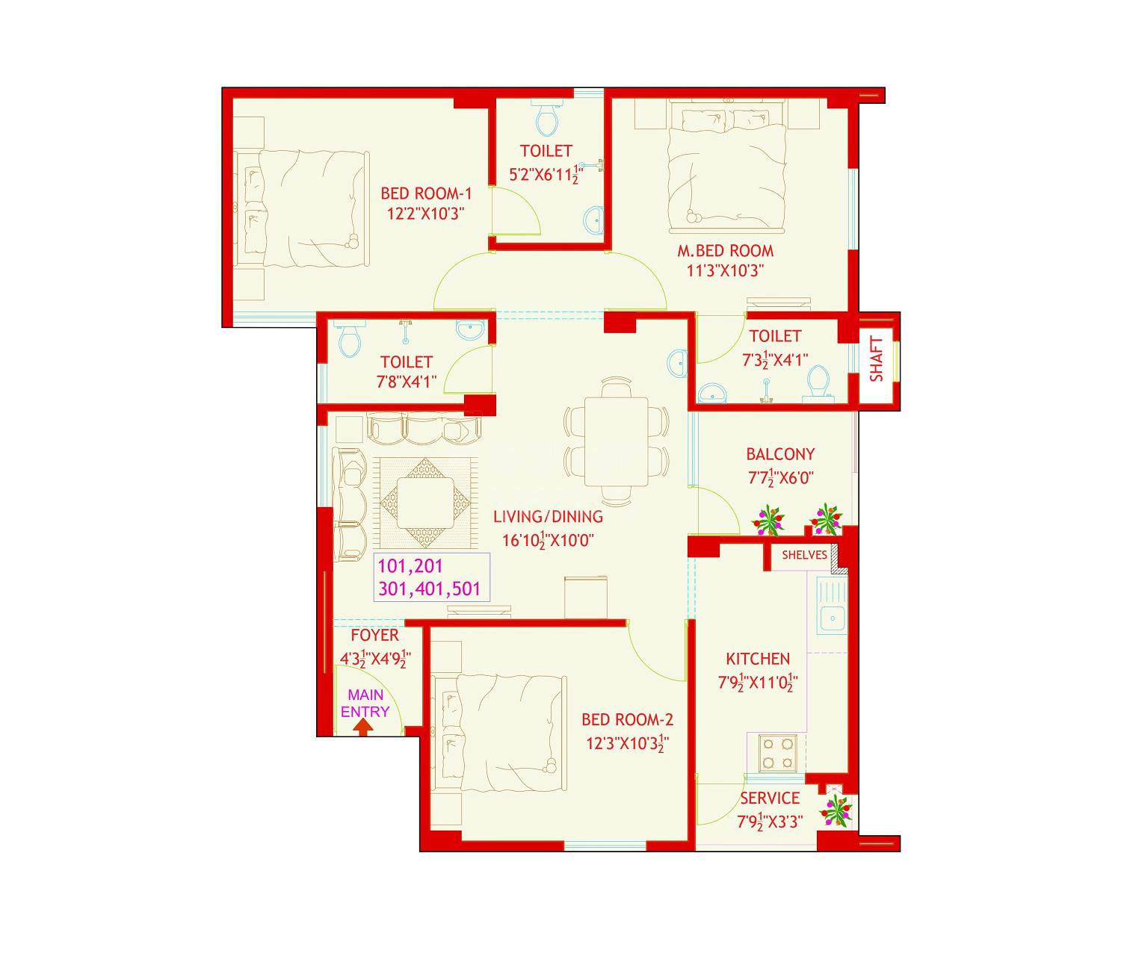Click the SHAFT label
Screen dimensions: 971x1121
877,359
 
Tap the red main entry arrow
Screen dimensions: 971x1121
362,727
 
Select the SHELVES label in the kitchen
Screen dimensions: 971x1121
804,555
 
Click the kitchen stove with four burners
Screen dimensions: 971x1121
777,753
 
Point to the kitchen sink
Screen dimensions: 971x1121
832,618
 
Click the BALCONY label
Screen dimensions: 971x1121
780,454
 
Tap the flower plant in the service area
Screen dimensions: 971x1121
835,810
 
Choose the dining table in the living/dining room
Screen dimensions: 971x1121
617,441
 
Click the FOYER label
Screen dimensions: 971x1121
374,635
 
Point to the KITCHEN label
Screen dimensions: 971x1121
758,659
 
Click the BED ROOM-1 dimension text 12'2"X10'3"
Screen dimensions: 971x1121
426,213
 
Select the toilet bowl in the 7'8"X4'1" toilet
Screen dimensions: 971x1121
349,340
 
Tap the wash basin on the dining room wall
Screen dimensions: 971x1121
679,362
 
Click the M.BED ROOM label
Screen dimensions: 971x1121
725,251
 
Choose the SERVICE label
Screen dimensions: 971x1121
770,798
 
